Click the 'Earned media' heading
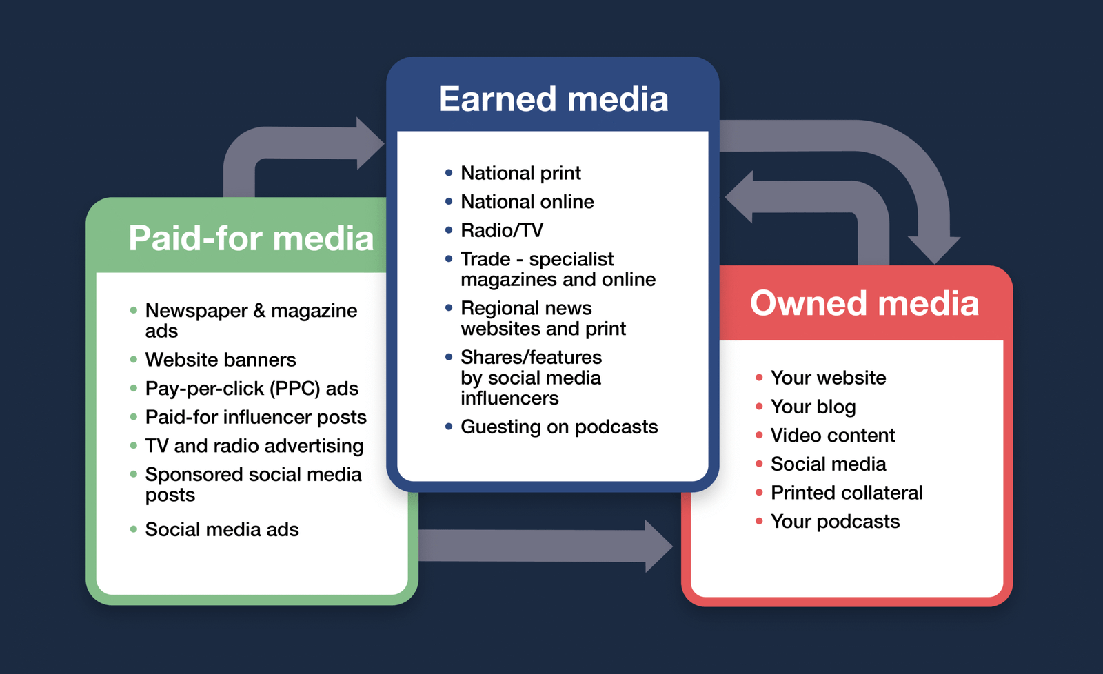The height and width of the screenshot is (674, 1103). pyautogui.click(x=553, y=99)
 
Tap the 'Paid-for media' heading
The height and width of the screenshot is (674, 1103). pyautogui.click(x=251, y=238)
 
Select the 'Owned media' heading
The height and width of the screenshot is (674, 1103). pyautogui.click(x=864, y=303)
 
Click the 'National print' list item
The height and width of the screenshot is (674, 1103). pyautogui.click(x=520, y=173)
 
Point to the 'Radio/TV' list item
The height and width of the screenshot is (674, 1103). pyautogui.click(x=502, y=230)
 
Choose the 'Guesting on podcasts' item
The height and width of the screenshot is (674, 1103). pyautogui.click(x=559, y=427)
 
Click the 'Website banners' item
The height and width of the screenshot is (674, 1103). pyautogui.click(x=221, y=360)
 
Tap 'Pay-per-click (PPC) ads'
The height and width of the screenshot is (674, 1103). pyautogui.click(x=252, y=389)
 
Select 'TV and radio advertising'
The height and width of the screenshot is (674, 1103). pyautogui.click(x=254, y=446)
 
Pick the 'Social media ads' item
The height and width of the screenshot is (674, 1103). pyautogui.click(x=222, y=529)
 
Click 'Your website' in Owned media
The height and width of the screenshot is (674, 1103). pyautogui.click(x=828, y=378)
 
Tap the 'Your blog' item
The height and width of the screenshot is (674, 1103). pyautogui.click(x=813, y=407)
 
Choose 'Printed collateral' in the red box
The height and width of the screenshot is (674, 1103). pyautogui.click(x=847, y=493)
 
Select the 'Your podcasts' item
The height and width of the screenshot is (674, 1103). pyautogui.click(x=835, y=522)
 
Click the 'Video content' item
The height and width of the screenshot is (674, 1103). pyautogui.click(x=833, y=436)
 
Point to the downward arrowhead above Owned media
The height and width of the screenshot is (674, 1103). pyautogui.click(x=934, y=249)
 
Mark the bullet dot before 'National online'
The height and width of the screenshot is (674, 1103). pyautogui.click(x=449, y=201)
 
